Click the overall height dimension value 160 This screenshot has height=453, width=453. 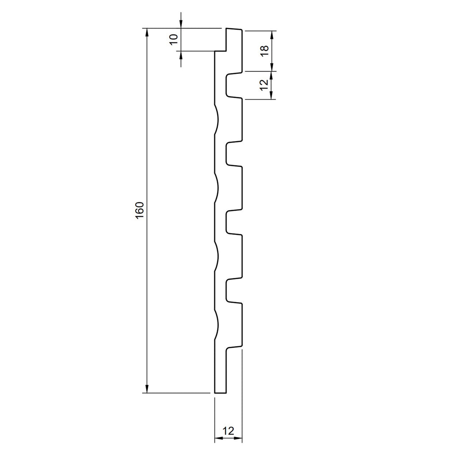[x=139, y=210]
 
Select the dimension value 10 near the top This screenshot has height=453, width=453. [x=173, y=39]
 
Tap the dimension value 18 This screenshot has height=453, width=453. [x=265, y=51]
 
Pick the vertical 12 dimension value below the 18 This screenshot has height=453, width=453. [x=265, y=84]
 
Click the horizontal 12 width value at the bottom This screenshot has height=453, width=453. [x=228, y=431]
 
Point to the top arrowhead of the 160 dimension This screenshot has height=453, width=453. [x=147, y=32]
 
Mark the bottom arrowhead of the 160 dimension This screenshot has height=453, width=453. [x=147, y=389]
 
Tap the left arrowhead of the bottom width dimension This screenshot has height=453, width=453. [x=219, y=438]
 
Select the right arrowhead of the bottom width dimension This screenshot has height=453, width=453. [x=238, y=438]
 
